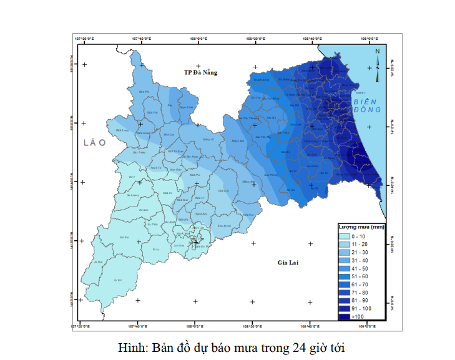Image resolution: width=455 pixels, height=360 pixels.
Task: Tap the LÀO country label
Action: (x=95, y=143)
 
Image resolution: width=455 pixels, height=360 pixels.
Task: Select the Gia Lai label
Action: (x=288, y=263)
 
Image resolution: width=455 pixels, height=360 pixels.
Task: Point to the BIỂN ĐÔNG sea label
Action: (x=366, y=105)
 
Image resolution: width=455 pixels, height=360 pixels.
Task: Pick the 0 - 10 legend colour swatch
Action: (x=344, y=236)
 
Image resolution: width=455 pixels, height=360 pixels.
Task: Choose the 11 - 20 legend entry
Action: (x=359, y=244)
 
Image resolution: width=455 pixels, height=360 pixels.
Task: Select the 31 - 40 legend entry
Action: (x=359, y=260)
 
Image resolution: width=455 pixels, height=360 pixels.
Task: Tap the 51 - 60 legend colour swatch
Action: (x=344, y=276)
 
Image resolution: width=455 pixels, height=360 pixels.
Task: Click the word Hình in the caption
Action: (x=130, y=347)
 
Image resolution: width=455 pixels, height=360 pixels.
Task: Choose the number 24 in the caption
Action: (x=293, y=347)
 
